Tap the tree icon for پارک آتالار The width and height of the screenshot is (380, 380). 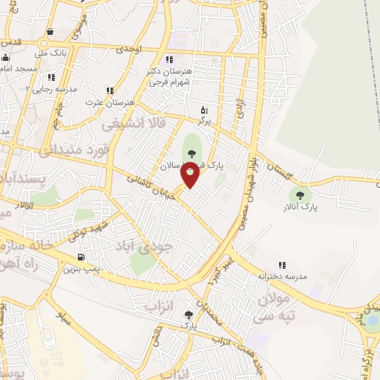click(x=301, y=196)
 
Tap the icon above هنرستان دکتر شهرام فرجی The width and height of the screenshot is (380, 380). click(x=169, y=59)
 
